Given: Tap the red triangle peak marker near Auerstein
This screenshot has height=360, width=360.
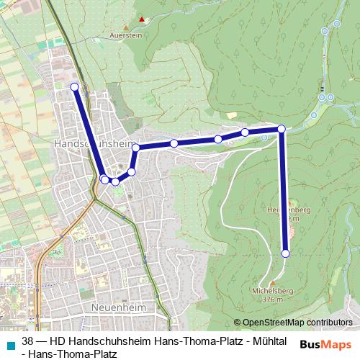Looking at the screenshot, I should (143, 19).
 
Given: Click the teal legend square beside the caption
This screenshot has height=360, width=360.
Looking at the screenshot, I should (9, 343).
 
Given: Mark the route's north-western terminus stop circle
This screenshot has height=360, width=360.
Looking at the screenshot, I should (74, 86).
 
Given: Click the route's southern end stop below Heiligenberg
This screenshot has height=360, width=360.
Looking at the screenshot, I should (286, 253).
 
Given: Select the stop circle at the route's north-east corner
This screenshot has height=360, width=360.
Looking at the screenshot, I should (282, 128).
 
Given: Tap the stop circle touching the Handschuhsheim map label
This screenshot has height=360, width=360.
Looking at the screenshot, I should (135, 148).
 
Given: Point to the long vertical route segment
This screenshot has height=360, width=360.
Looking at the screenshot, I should (284, 191).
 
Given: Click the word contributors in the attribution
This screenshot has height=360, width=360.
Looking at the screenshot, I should (330, 323).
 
